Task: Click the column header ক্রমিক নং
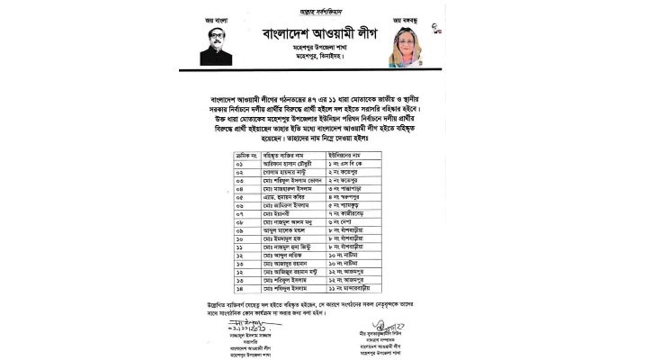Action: coord(243,154)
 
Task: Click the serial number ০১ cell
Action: coord(239,163)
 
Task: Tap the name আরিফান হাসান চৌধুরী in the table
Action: coord(292,163)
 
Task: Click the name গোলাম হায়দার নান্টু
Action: coord(289,172)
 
